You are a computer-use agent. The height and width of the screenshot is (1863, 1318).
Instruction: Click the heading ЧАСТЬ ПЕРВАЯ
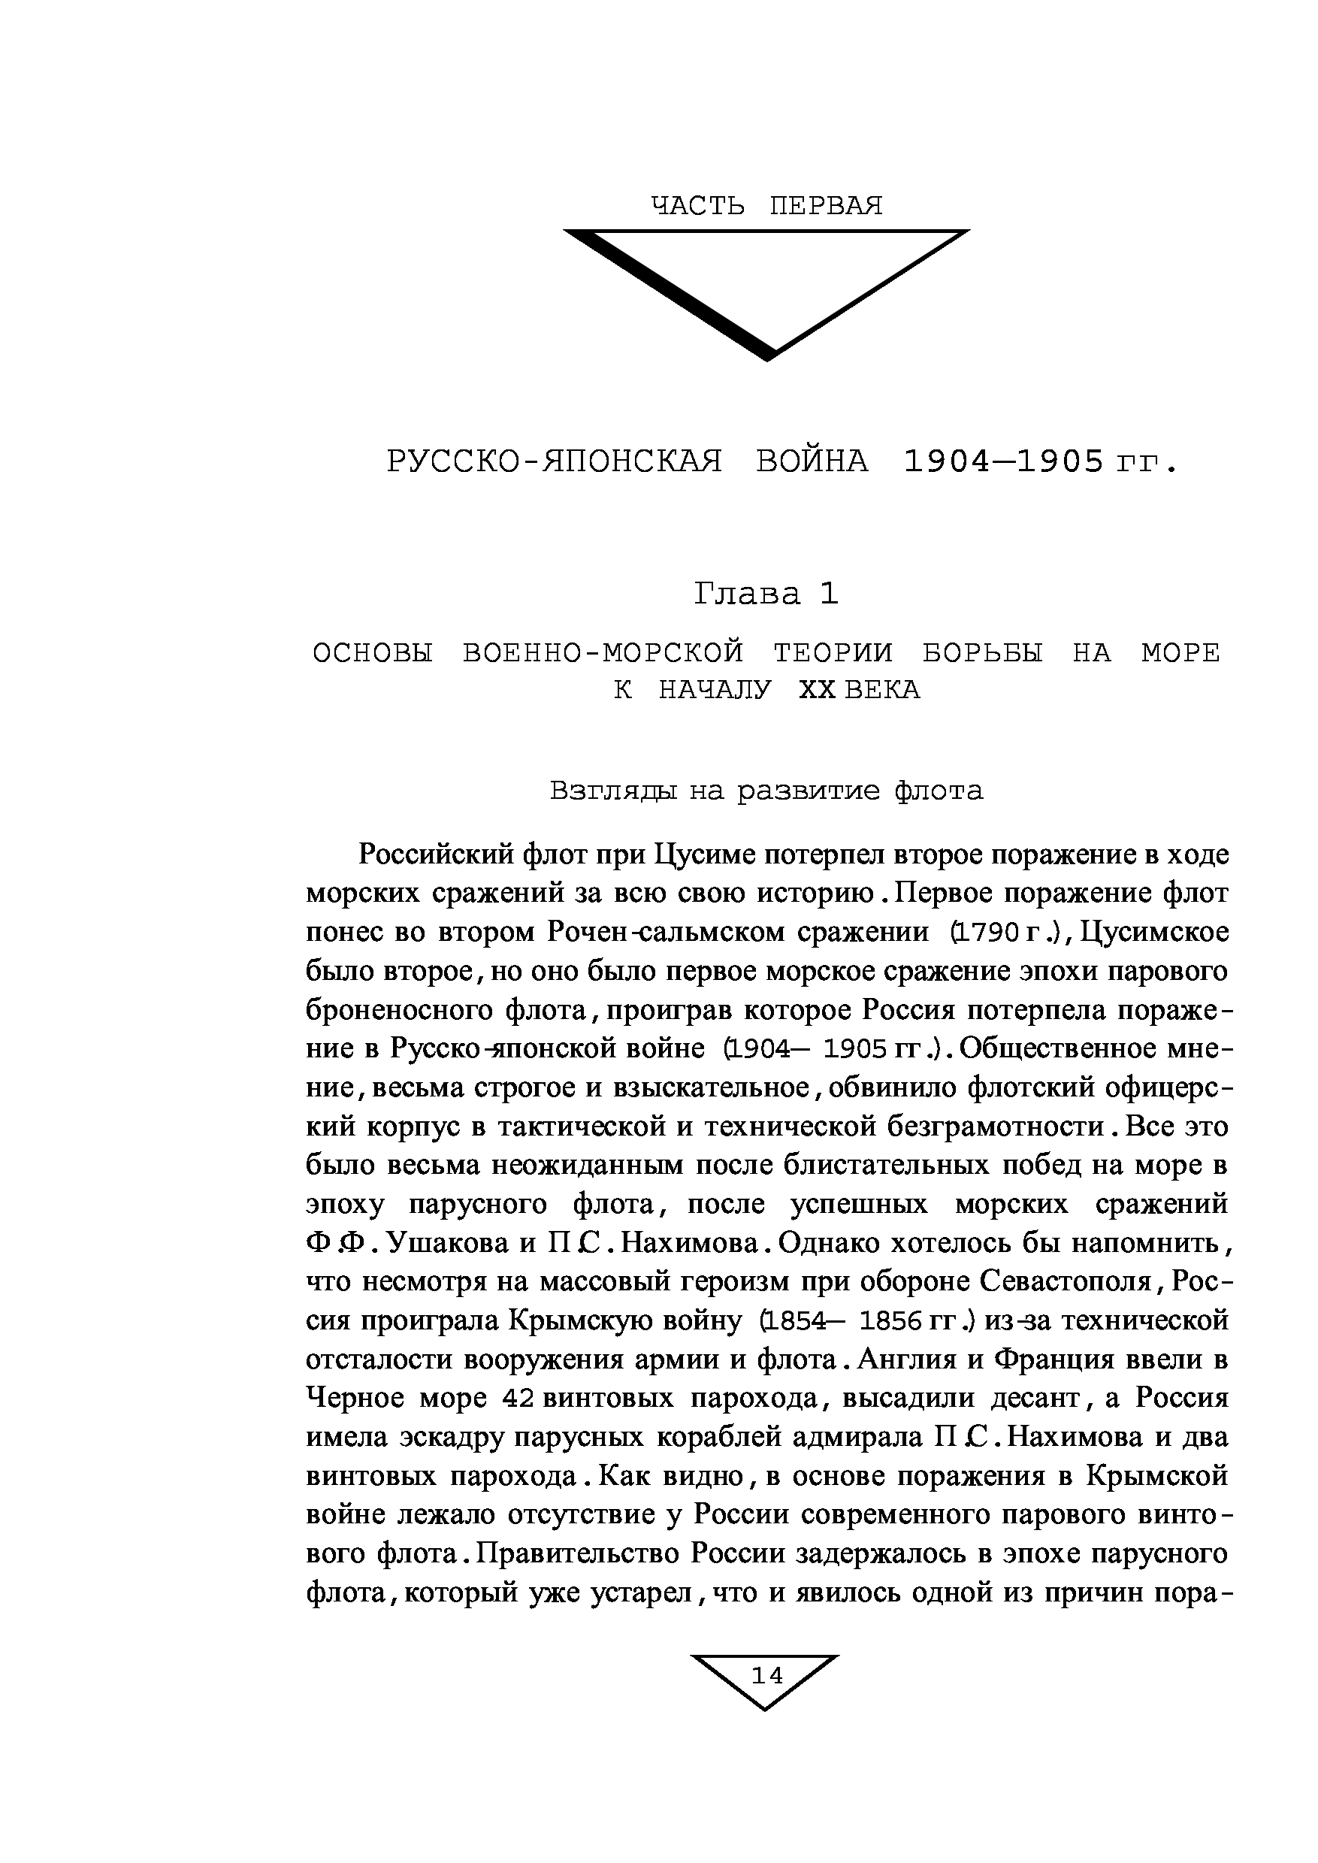pos(766,206)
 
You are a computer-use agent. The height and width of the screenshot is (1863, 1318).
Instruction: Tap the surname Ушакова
pos(447,1243)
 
